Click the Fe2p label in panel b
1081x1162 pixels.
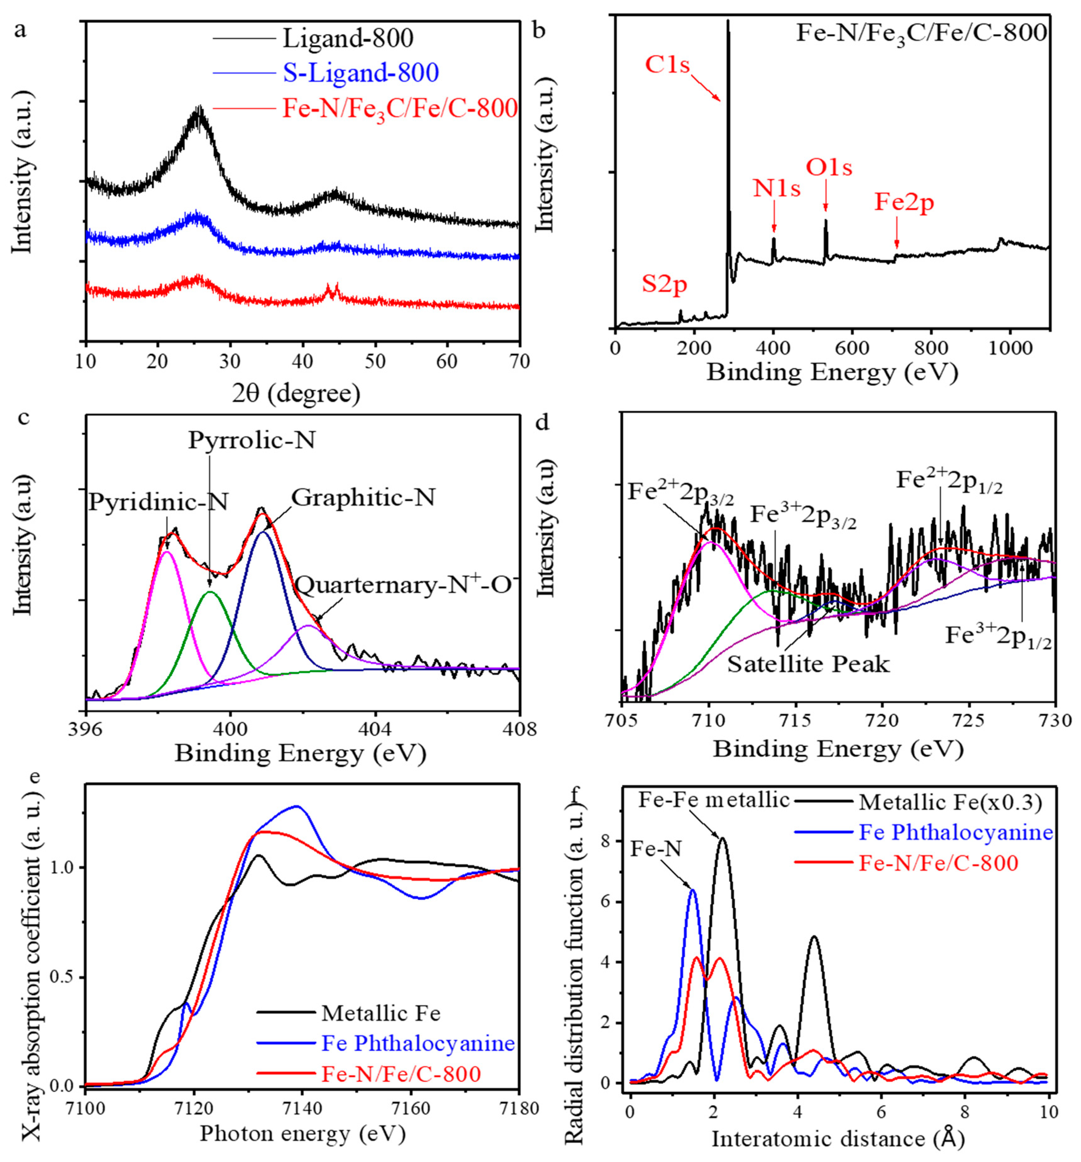[x=903, y=203]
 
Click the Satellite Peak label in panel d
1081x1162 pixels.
[x=808, y=664]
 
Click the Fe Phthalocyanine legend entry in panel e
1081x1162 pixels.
[x=418, y=1043]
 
